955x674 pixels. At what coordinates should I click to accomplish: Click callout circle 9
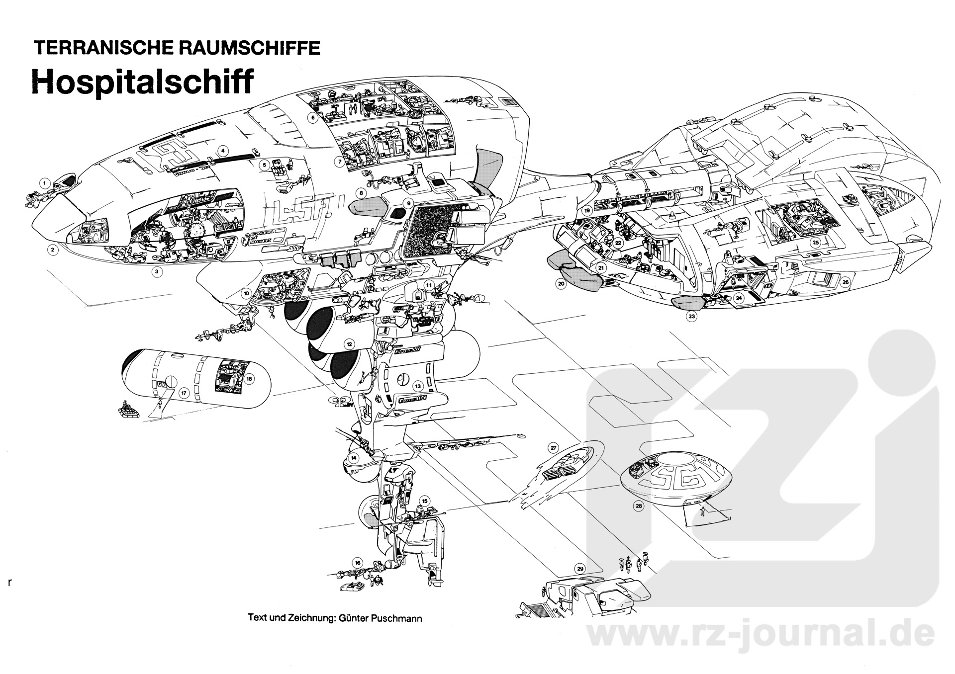(x=408, y=203)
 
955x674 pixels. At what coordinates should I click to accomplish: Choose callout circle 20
(x=561, y=284)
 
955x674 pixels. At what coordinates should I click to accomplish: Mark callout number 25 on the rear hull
(x=816, y=243)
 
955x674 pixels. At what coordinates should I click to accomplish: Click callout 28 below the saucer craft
(x=639, y=506)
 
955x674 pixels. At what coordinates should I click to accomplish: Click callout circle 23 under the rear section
(x=691, y=316)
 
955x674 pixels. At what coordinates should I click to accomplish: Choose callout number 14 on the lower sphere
(x=354, y=457)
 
